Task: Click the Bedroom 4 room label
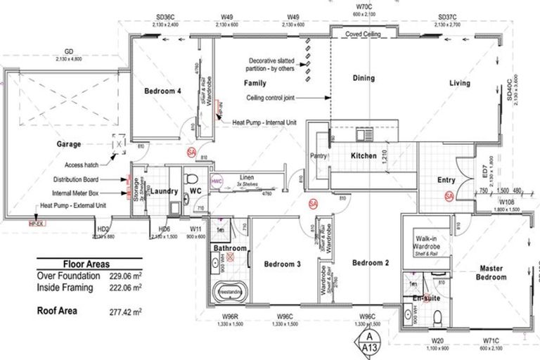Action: (162, 91)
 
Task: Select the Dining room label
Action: (364, 79)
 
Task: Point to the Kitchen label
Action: (364, 155)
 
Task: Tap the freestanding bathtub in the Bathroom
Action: (230, 290)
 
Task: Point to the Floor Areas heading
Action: (86, 264)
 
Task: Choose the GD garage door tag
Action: (69, 51)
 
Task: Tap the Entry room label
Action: (446, 181)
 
